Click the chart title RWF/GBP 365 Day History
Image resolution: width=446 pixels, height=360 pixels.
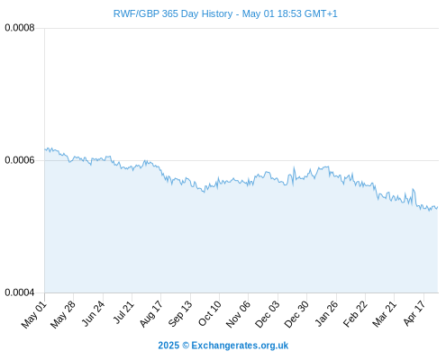click(173, 13)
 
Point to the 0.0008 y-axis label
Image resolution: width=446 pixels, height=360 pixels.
click(20, 28)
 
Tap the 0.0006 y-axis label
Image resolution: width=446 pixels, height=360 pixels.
click(20, 160)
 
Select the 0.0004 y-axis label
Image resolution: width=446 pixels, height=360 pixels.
click(20, 292)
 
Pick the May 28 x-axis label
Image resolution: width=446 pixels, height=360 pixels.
click(63, 314)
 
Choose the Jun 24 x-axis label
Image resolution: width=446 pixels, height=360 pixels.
click(94, 313)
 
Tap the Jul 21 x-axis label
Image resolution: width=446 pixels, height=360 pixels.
click(123, 312)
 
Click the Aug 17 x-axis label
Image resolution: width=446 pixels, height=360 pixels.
click(151, 314)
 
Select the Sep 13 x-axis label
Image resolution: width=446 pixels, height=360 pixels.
click(180, 314)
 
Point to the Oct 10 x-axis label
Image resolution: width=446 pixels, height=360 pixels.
click(210, 313)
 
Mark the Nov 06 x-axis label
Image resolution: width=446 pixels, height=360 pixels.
click(238, 314)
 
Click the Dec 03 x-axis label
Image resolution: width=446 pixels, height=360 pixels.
click(268, 314)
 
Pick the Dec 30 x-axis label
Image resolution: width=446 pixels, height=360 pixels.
click(296, 314)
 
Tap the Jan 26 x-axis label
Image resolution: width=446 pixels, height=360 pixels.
click(326, 313)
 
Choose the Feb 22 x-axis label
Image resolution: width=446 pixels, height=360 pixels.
click(355, 314)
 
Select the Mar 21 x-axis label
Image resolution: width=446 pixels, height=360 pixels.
click(385, 314)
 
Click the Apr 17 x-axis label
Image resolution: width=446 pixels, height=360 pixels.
click(414, 313)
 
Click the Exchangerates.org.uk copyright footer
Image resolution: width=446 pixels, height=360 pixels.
click(223, 346)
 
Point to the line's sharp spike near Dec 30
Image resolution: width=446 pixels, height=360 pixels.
click(294, 167)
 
